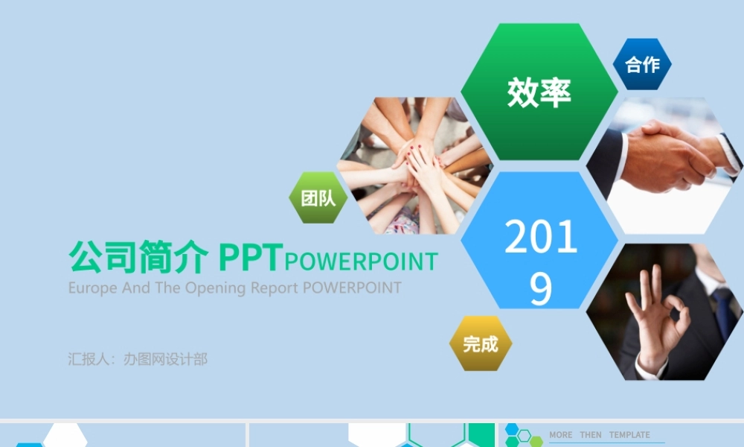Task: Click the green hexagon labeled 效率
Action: tap(539, 92)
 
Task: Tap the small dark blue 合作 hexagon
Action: tap(642, 65)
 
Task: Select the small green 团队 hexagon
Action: tap(318, 198)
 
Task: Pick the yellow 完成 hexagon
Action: tap(481, 343)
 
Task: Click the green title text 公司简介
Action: tap(138, 258)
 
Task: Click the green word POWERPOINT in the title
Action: tap(362, 261)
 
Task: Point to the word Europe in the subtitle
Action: tap(92, 288)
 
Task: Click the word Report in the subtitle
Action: tap(275, 288)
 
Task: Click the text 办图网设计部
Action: tap(165, 359)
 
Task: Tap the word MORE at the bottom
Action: tap(561, 435)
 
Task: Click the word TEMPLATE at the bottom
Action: tap(629, 435)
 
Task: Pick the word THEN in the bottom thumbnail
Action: tap(591, 435)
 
